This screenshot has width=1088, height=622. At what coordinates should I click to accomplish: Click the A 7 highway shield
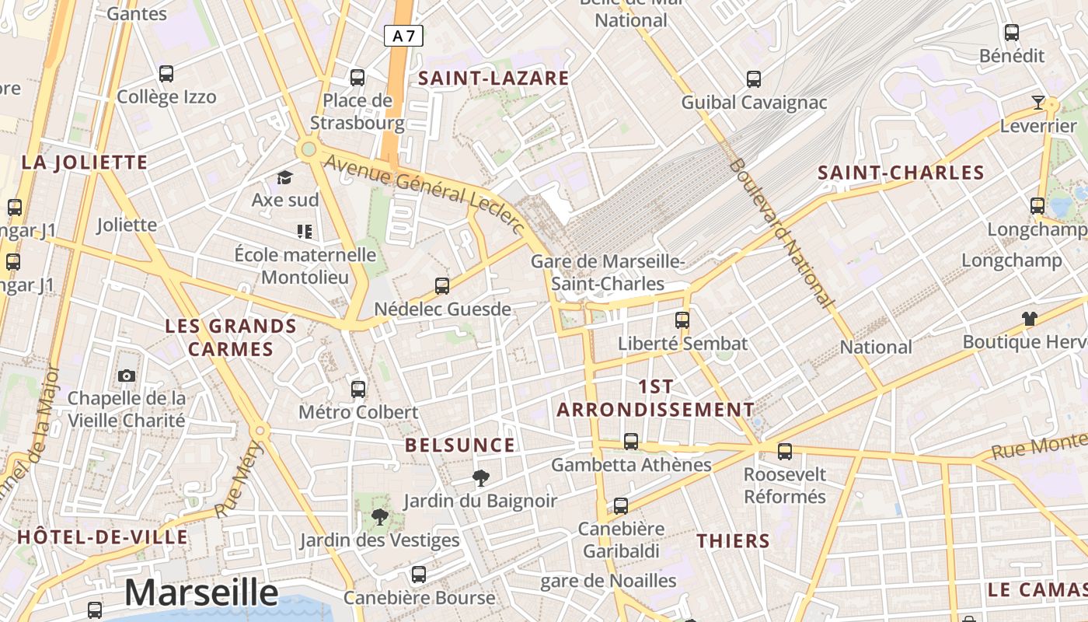403,36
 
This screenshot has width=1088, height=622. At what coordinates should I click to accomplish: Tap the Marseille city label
201,592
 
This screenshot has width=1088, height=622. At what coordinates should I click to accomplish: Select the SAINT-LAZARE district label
493,79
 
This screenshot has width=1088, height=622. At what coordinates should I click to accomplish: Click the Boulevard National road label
782,233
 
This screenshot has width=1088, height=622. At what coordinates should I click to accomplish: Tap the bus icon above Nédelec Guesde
442,286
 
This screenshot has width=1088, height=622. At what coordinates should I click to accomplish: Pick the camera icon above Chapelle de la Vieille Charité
127,376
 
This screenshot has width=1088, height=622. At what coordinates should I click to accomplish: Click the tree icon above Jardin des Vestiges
379,516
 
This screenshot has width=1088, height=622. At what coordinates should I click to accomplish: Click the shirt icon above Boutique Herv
1030,319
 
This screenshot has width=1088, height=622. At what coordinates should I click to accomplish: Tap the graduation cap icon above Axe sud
285,178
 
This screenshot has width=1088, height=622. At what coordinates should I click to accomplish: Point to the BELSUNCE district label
460,446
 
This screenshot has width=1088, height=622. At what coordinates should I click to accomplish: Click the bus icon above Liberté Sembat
682,320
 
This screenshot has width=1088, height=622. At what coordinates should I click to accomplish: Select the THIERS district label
733,541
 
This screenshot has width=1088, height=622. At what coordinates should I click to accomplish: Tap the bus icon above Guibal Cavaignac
754,79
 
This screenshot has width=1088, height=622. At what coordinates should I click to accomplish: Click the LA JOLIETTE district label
84,162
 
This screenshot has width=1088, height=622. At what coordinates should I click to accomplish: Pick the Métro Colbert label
358,412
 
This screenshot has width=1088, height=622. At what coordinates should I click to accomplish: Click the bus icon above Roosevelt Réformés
785,451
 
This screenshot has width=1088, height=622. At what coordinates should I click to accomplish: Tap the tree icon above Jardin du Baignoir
481,478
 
